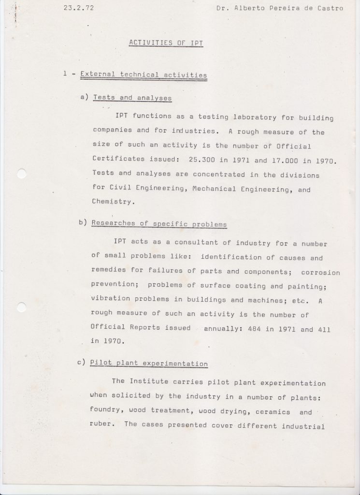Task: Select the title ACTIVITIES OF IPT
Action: [x=166, y=43]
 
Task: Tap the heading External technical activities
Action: [x=144, y=74]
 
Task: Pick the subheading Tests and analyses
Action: [x=132, y=98]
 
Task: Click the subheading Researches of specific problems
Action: [x=158, y=224]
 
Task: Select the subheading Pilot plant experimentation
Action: [x=149, y=364]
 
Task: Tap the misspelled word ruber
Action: [x=101, y=425]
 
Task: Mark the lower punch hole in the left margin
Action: [x=21, y=307]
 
